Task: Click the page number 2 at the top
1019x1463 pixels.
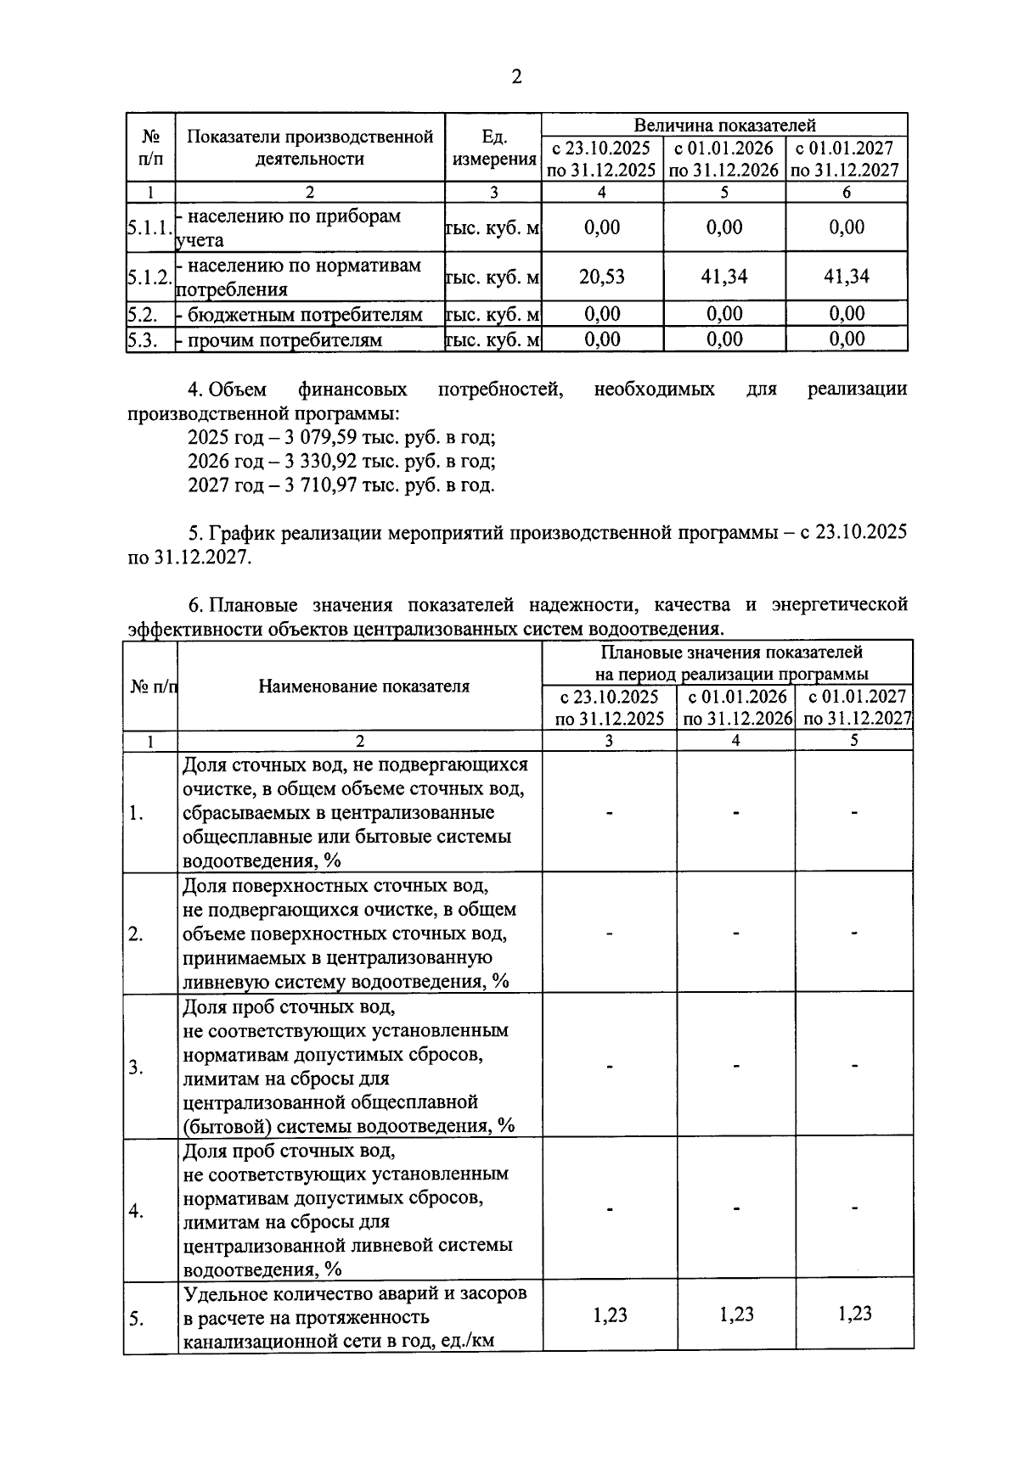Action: (515, 77)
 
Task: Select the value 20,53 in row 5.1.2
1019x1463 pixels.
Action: (601, 276)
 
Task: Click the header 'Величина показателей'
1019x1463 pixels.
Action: (724, 125)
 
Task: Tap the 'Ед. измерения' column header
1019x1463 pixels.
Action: (493, 148)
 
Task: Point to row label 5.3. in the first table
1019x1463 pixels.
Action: (144, 340)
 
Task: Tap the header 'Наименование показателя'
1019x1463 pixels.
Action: (363, 687)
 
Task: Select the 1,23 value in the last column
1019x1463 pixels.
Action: (853, 1314)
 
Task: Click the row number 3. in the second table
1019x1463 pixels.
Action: (136, 1067)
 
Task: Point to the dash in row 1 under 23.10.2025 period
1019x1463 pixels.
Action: (609, 813)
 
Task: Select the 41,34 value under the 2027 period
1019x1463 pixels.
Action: (846, 276)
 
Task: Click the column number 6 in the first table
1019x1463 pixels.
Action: (846, 192)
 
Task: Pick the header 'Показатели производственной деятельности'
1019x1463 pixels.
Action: (309, 148)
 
